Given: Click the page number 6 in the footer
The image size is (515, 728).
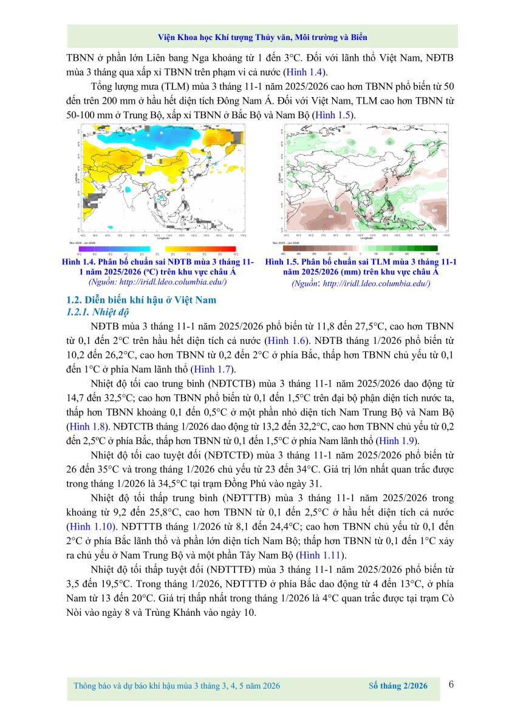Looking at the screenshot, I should (451, 684).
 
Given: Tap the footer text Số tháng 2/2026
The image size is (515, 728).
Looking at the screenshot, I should (398, 686).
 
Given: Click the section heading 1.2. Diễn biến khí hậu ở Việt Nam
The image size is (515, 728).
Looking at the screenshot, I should (141, 300).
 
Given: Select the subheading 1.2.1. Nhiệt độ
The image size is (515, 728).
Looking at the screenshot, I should (97, 312).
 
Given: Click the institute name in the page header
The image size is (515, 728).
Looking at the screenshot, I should (262, 37).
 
